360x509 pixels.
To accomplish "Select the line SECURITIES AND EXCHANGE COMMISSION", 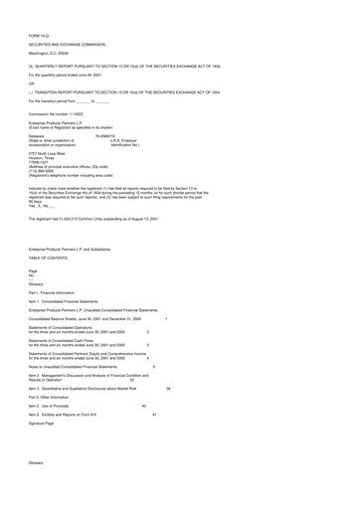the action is click(72, 46).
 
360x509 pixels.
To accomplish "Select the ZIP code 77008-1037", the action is click(43, 165).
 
